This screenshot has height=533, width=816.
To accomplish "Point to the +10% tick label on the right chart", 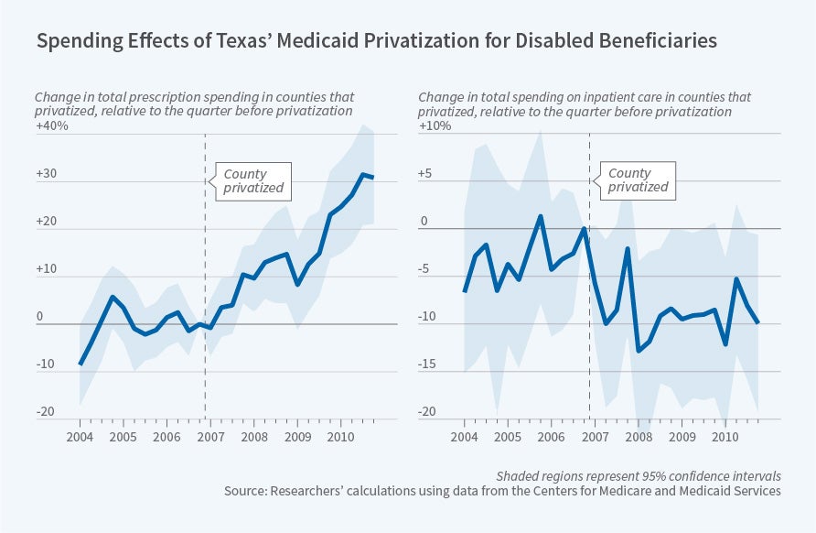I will pyautogui.click(x=435, y=126).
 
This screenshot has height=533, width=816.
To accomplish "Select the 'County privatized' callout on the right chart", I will pyautogui.click(x=638, y=179).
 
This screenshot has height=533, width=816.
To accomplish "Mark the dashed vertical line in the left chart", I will pyautogui.click(x=205, y=275).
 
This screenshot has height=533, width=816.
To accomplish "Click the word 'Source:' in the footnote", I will pyautogui.click(x=250, y=492).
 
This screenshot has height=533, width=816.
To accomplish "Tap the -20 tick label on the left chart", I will pyautogui.click(x=45, y=412).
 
